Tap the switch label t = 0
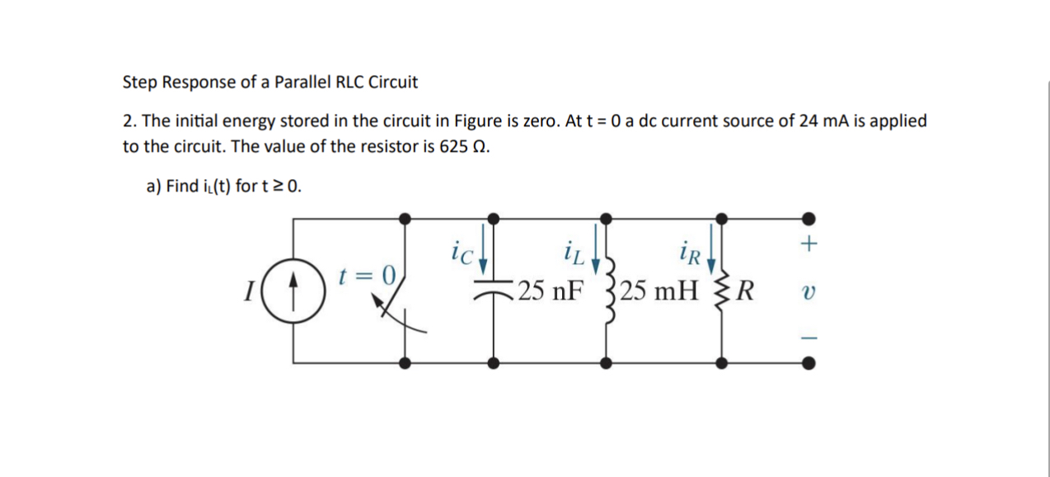(x=368, y=274)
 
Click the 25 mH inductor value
(x=659, y=292)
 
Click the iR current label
(x=690, y=251)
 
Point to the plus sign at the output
(x=810, y=244)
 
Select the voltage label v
(x=810, y=292)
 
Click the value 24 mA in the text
(x=820, y=121)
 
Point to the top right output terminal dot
(x=810, y=218)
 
